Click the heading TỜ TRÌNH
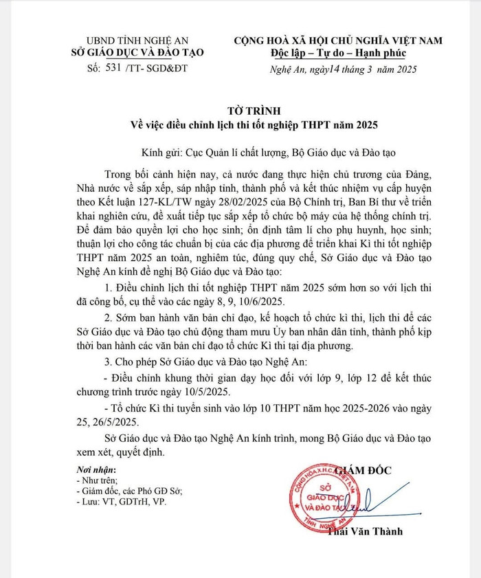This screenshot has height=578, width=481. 240,111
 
